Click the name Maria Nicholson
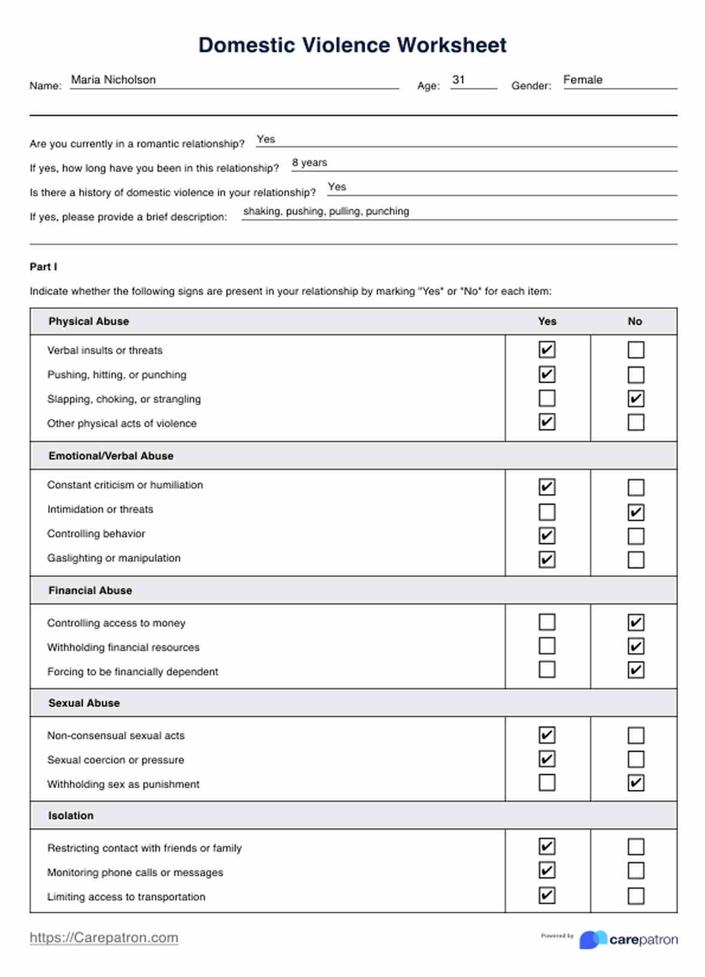113,80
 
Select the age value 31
459,80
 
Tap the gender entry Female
583,80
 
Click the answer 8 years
309,162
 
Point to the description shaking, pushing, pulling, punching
326,211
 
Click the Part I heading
43,267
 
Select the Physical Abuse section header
89,321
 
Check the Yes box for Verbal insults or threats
547,349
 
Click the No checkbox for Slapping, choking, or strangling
635,399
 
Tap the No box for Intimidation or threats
635,512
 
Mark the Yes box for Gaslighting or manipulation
547,559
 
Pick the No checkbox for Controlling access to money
635,622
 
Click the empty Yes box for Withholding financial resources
547,646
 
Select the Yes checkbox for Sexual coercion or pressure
547,759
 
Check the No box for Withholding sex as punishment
635,783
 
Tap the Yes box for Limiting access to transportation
547,895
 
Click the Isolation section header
71,816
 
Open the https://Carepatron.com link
104,937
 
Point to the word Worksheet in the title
451,45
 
